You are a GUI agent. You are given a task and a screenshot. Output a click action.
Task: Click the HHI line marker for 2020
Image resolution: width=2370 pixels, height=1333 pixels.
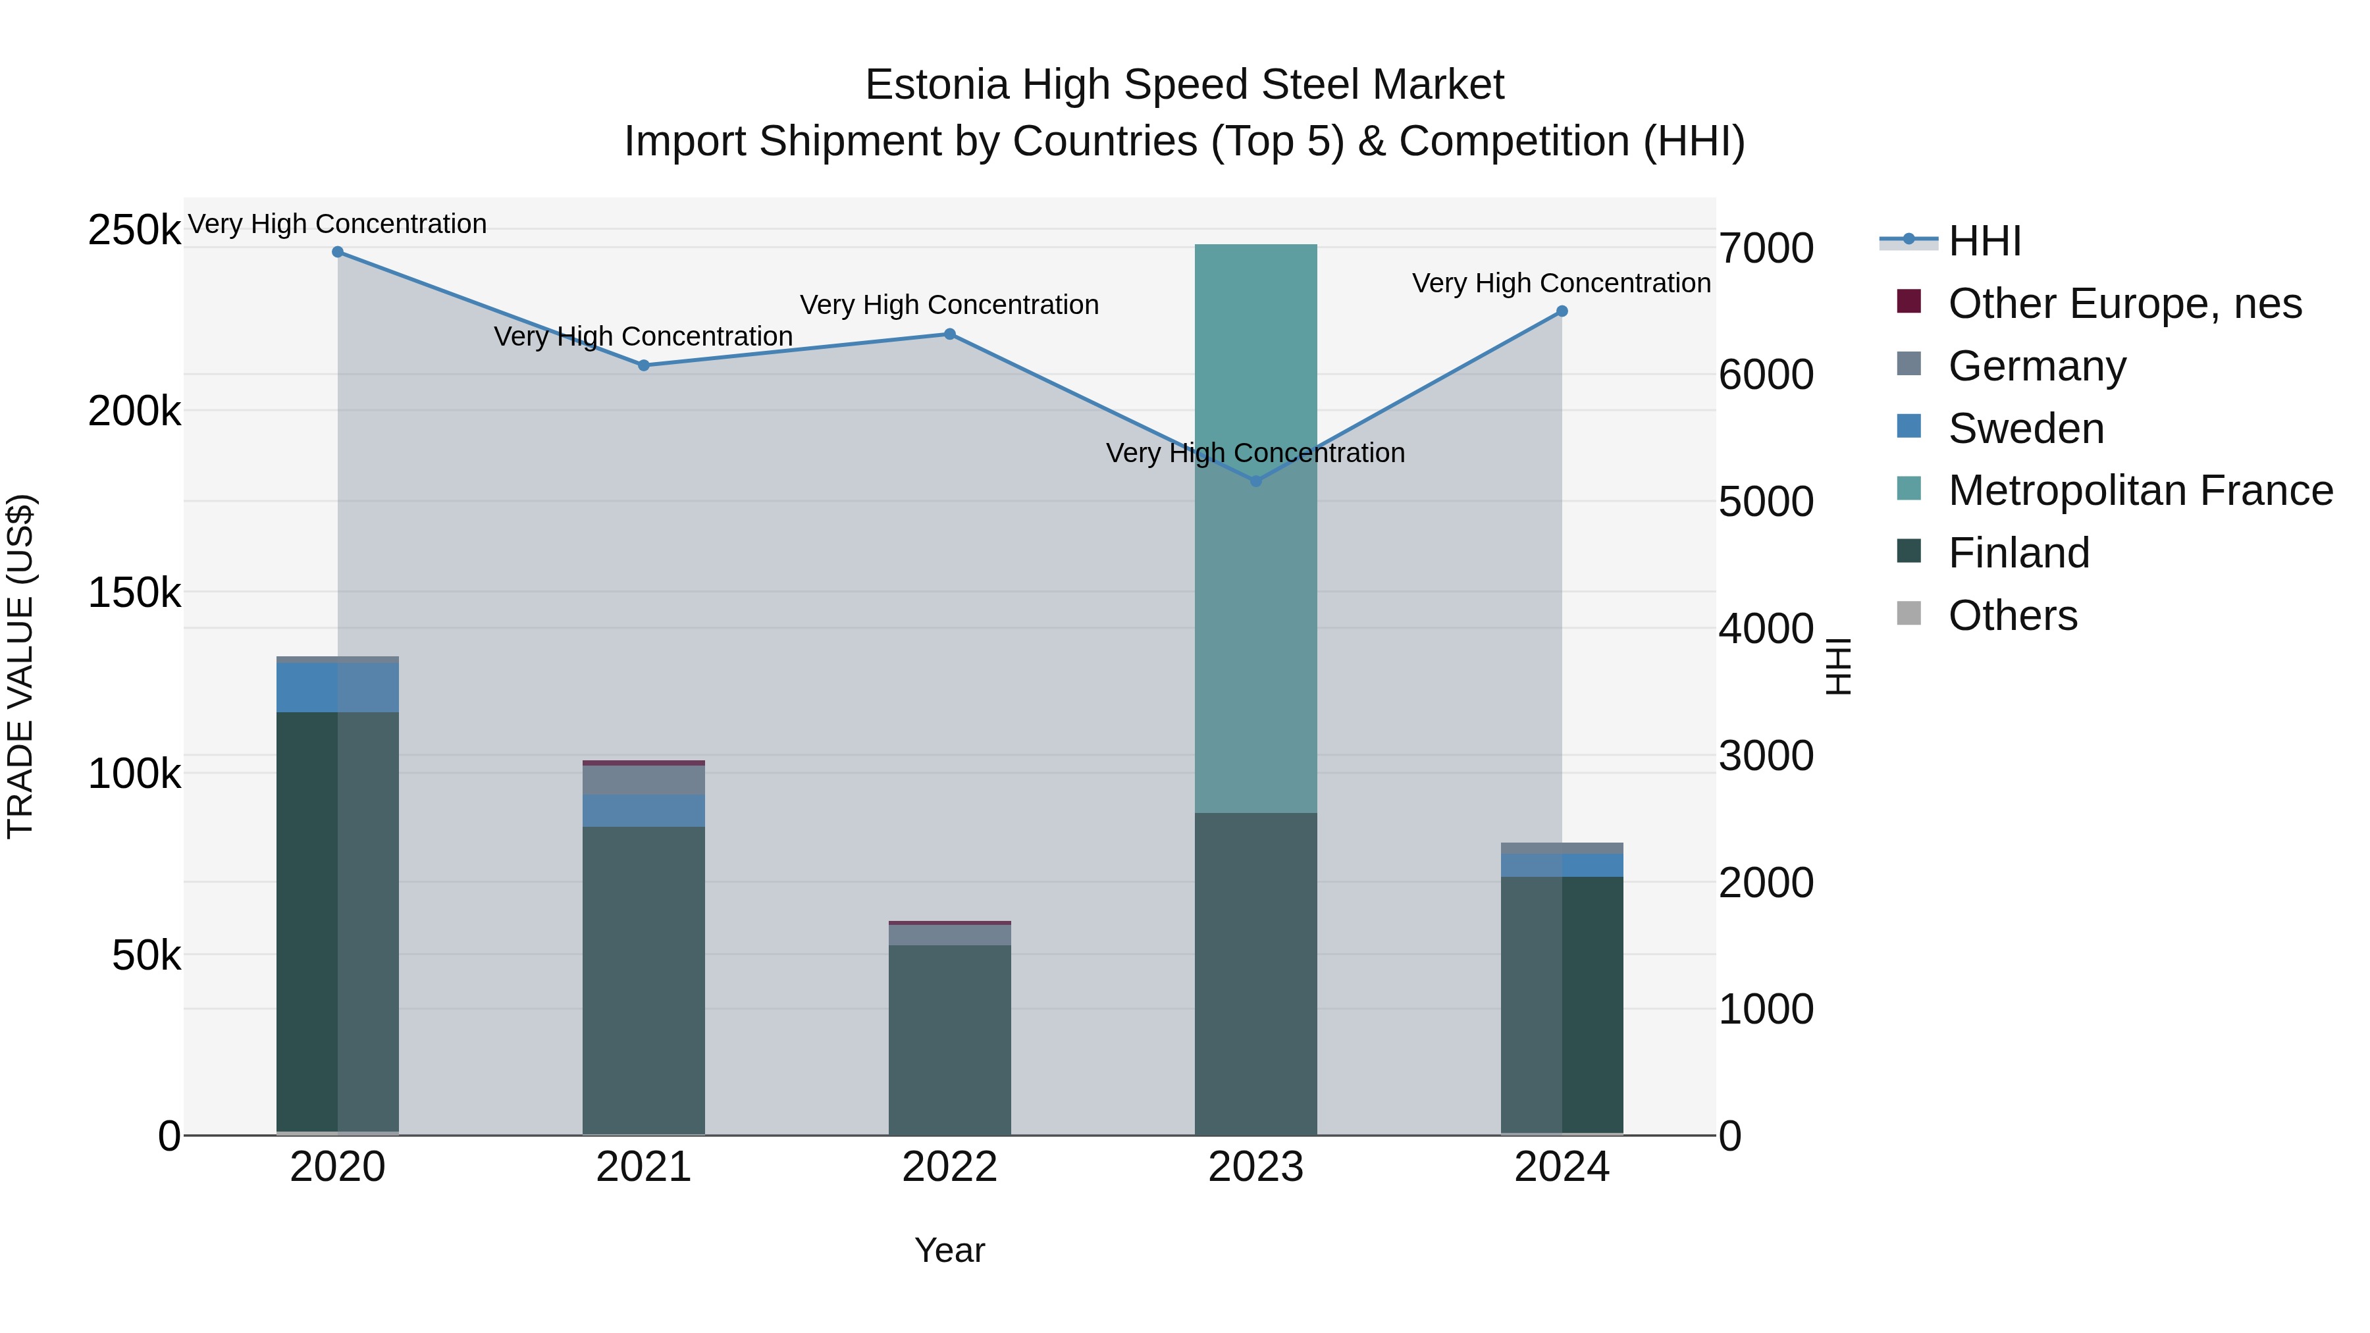tap(338, 252)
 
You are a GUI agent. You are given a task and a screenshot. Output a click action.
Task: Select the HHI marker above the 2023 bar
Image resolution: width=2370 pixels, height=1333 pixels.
tap(1256, 481)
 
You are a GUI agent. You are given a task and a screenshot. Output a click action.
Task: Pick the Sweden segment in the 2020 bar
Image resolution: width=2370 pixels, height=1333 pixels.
tap(338, 687)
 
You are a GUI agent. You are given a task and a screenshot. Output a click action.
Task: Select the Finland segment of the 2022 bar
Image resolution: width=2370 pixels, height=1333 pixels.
tap(949, 1039)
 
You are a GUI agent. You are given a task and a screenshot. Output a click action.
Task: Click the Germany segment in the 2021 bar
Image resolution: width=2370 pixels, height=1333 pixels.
tap(643, 780)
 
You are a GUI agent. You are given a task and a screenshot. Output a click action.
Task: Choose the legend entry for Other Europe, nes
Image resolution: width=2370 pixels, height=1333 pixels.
tap(2124, 303)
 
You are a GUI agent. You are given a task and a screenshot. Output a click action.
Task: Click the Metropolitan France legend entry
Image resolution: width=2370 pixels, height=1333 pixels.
tap(2140, 490)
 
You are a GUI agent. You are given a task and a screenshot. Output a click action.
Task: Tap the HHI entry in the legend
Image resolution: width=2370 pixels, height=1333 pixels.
tap(1984, 241)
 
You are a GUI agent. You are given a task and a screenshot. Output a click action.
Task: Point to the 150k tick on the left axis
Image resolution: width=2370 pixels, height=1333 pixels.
tap(134, 592)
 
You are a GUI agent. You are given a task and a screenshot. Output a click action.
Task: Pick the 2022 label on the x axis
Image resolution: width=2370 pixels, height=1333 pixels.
tap(949, 1167)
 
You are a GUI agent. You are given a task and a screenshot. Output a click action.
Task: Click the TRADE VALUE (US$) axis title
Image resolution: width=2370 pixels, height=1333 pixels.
tap(20, 666)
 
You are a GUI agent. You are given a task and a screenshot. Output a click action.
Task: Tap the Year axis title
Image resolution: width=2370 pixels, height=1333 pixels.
tap(949, 1250)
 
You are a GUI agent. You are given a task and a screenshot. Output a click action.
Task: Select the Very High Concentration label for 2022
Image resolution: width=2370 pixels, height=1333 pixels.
tap(949, 305)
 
